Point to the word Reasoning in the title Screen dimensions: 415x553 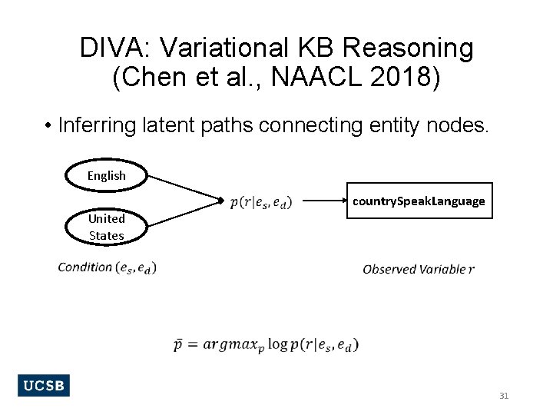point(408,48)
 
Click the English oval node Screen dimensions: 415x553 point(106,176)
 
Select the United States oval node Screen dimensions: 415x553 point(106,227)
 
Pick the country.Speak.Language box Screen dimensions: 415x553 point(419,201)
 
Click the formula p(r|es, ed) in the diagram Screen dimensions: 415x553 point(261,202)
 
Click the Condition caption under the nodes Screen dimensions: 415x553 point(107,267)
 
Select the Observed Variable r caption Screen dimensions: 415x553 point(418,269)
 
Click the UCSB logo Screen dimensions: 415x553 point(43,385)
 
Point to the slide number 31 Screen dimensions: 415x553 point(504,396)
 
